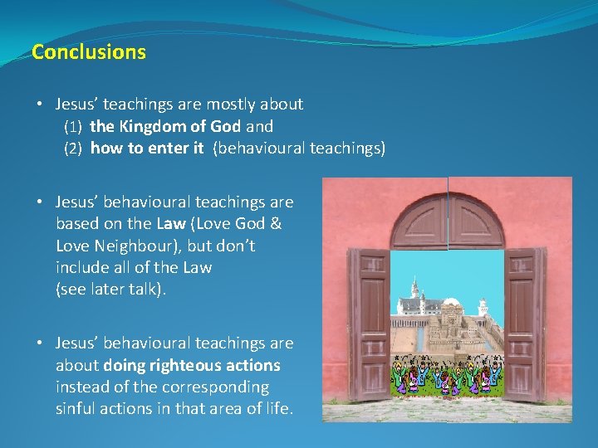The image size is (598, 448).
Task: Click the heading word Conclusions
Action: [88, 52]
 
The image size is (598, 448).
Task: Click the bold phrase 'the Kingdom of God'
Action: [166, 127]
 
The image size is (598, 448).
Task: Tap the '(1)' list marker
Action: [73, 128]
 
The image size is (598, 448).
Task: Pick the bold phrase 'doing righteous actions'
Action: [192, 365]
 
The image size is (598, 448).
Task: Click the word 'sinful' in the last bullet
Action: [76, 408]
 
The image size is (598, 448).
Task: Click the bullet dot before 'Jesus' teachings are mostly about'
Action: [40, 105]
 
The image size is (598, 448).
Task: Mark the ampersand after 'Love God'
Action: [277, 224]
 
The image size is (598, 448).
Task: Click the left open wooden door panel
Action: [369, 324]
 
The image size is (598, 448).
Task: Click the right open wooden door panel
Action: [526, 324]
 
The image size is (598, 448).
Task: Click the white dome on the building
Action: [451, 304]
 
